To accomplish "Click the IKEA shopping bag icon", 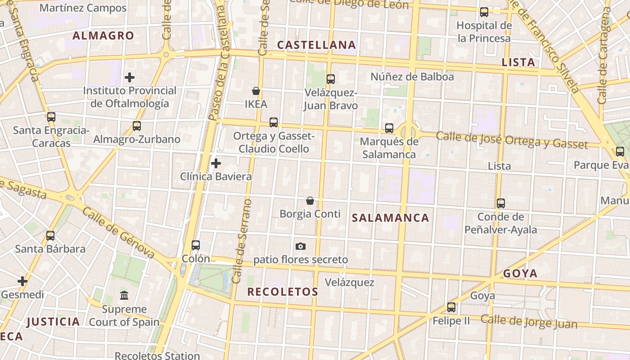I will point(256,91).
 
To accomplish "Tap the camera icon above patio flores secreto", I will point(301,246).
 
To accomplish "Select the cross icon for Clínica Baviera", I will point(216,163).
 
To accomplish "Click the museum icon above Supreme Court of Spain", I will point(124,296).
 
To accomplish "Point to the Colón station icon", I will point(196,245).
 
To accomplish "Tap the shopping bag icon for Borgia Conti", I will point(310,200).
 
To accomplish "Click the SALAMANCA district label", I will point(390,218).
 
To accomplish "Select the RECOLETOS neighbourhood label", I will point(283,292).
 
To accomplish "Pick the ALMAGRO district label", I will point(103,36).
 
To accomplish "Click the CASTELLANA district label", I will point(316,45).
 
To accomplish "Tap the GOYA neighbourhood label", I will point(520,274).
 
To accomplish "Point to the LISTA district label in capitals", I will point(518,63).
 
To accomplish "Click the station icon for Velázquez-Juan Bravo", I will point(331,79).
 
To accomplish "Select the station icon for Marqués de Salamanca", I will point(389,128).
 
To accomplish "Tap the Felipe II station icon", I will point(451,307).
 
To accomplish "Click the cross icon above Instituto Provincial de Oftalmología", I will point(130,77).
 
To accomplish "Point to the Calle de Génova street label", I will point(119,234).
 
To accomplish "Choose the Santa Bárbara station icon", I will point(50,235).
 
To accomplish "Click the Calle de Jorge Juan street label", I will point(529,322).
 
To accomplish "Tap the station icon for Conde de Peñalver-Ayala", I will point(501,203).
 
